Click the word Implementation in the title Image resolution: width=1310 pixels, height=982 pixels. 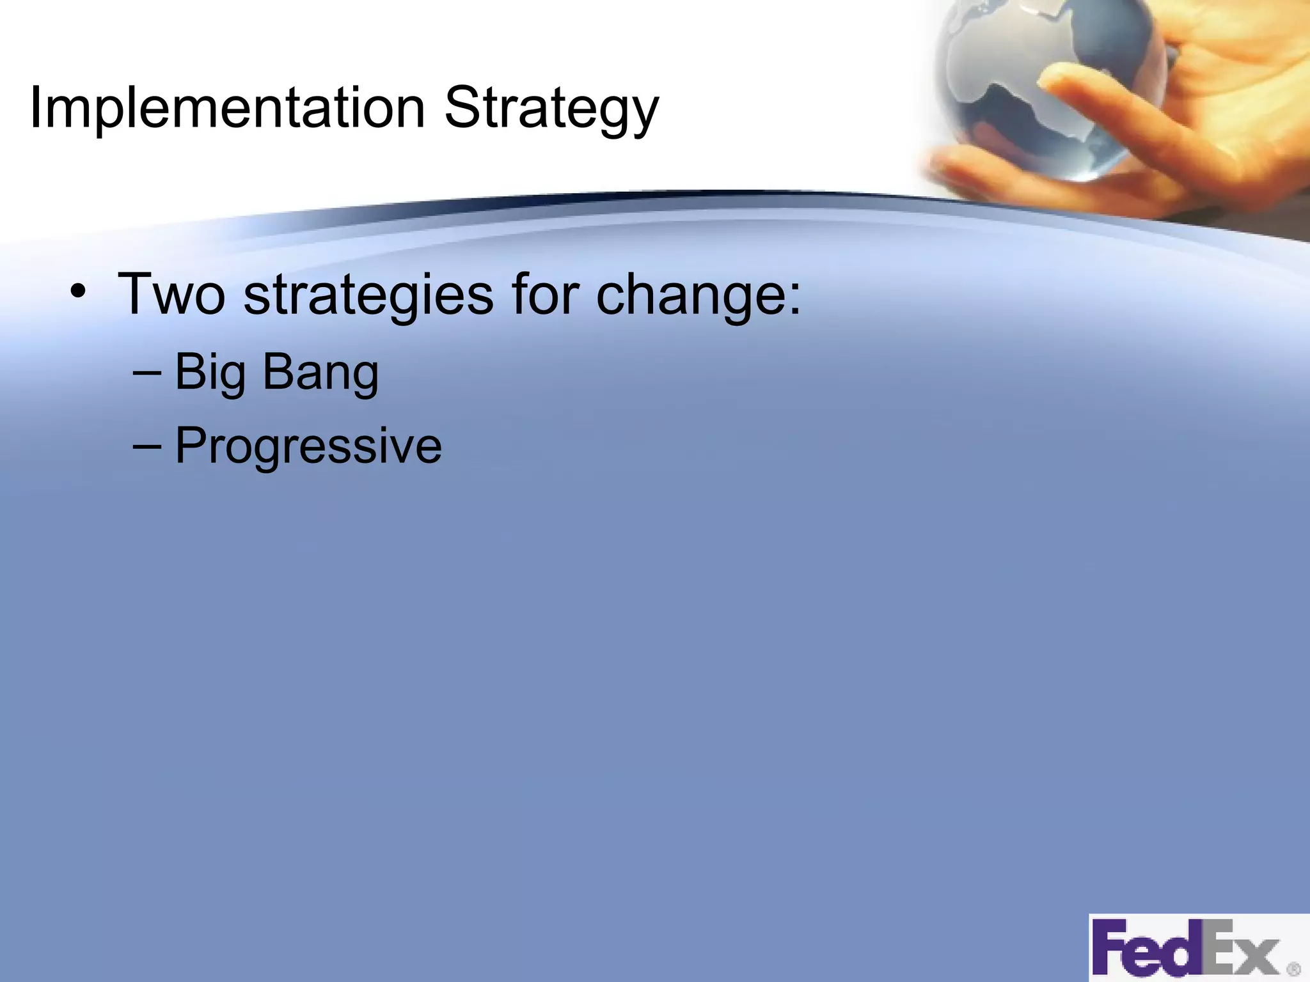tap(227, 107)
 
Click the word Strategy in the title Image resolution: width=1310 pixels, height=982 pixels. tap(551, 109)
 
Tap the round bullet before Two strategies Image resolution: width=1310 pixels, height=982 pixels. tap(78, 292)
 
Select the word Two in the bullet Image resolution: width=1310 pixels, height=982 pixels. tap(171, 294)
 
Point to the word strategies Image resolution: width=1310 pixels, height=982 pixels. tap(368, 295)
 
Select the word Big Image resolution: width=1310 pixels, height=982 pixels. tap(210, 373)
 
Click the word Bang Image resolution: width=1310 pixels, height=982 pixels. tap(320, 373)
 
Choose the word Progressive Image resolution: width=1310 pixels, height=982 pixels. tap(308, 446)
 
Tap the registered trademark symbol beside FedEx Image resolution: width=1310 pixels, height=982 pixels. tap(1293, 969)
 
